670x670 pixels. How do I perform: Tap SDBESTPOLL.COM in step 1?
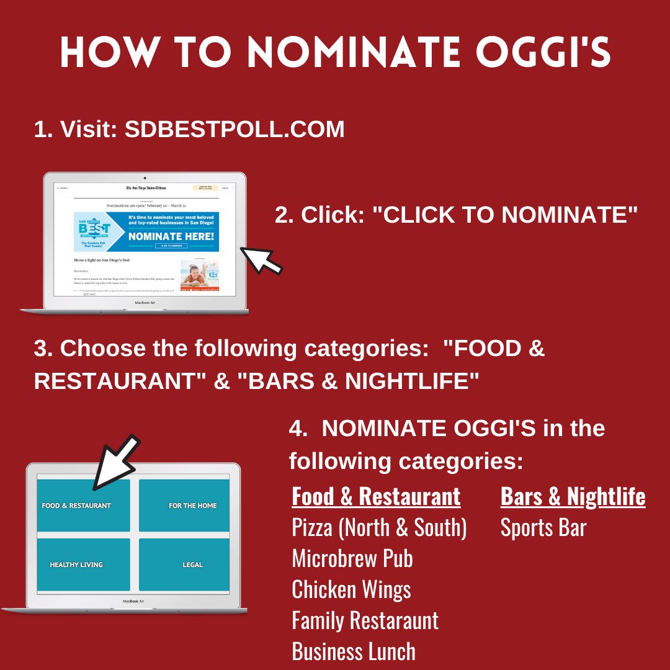(234, 129)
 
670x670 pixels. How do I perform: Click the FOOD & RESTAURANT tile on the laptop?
(84, 506)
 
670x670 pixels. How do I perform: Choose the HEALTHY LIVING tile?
(84, 565)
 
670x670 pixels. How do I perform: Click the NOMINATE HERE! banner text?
(171, 236)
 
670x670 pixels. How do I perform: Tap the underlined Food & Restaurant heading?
(376, 497)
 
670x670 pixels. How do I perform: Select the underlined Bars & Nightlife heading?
(573, 497)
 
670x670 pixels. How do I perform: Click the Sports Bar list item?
(543, 528)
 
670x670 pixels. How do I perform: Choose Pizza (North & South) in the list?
(379, 528)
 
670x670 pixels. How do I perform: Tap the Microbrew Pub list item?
(352, 559)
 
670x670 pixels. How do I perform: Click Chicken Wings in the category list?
(351, 589)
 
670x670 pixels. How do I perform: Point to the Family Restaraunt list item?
(365, 620)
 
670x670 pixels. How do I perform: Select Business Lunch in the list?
(354, 651)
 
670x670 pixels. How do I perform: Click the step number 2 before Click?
(282, 215)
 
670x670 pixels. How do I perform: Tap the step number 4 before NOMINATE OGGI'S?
(297, 429)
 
